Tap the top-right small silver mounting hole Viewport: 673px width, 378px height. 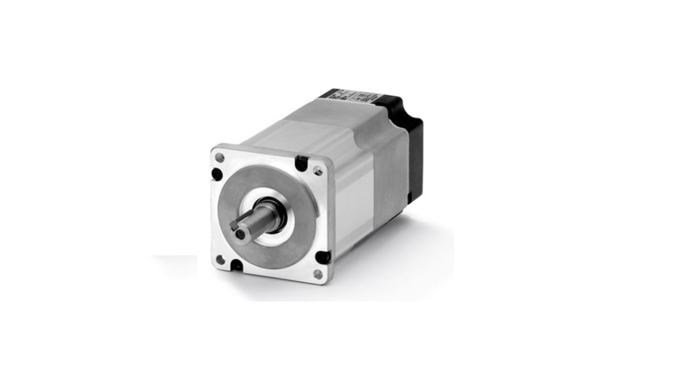point(318,171)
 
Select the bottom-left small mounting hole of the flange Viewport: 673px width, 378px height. point(220,260)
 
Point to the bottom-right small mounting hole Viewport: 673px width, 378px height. point(318,274)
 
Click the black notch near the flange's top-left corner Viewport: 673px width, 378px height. point(217,174)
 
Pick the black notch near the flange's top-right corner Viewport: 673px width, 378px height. point(301,163)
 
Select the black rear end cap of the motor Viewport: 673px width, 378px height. point(412,147)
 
